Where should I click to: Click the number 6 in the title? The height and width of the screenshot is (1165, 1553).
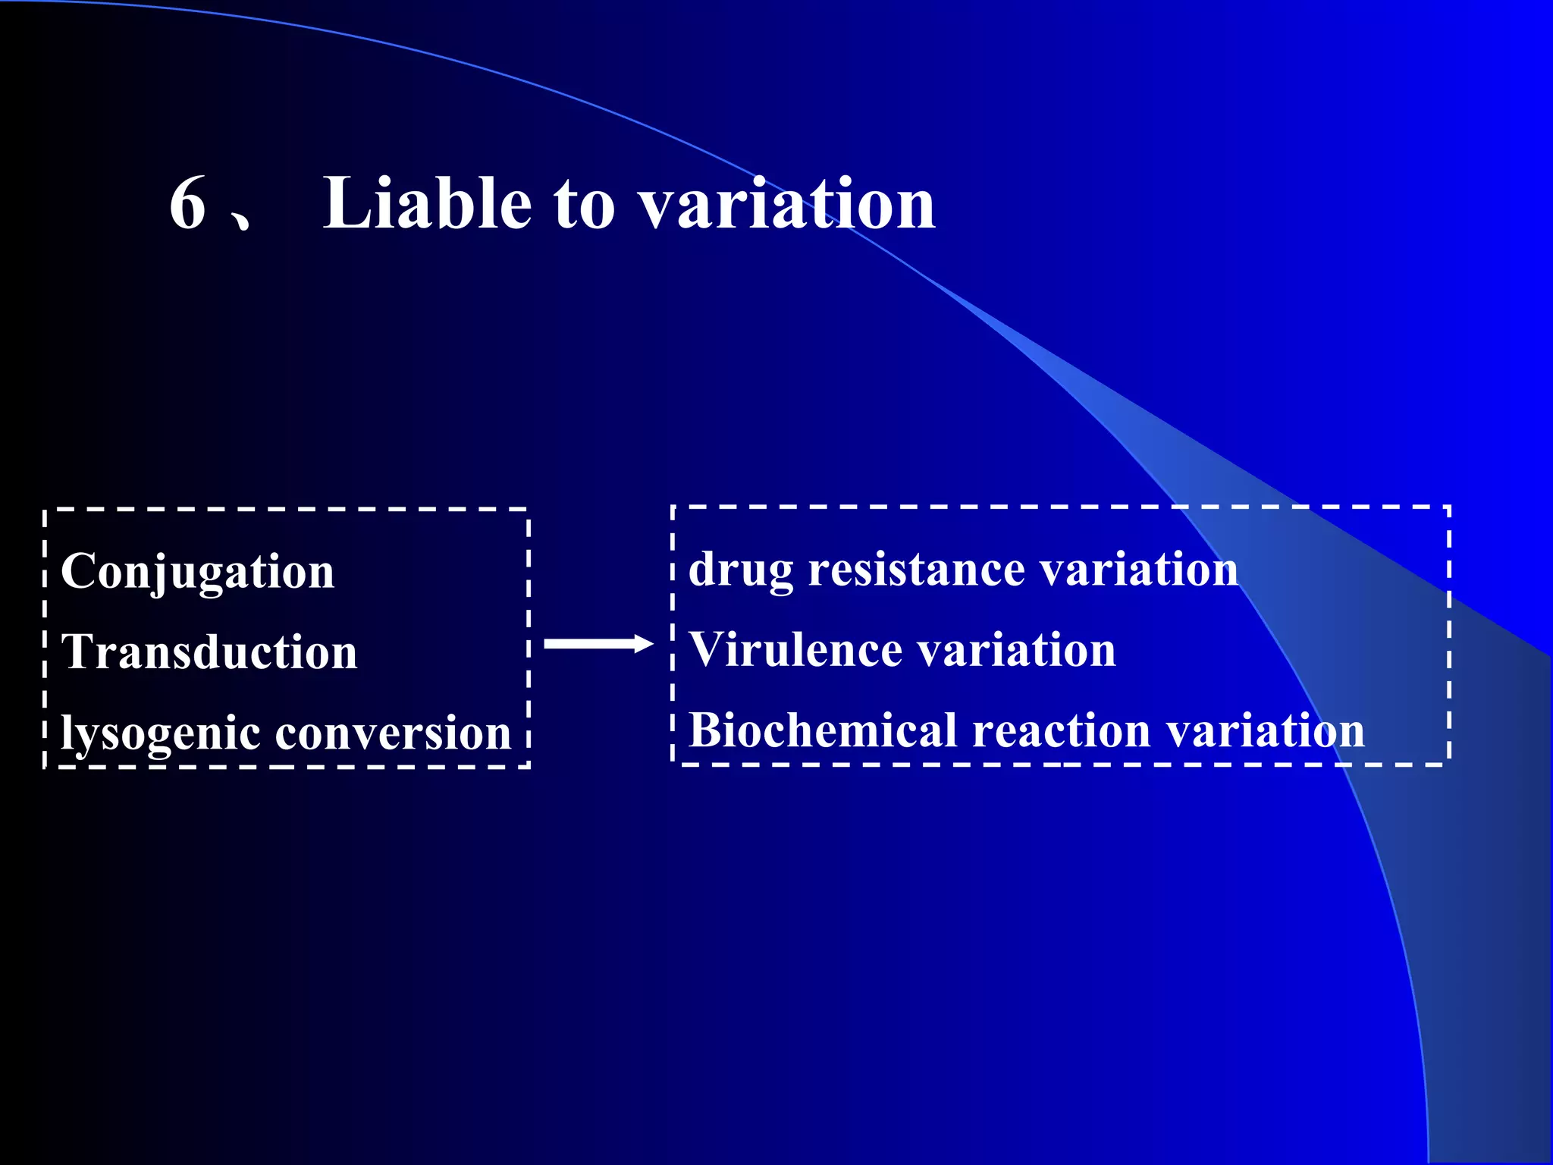188,203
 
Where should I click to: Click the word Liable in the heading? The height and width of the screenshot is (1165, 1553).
427,203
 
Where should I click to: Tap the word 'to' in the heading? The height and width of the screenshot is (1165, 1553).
584,205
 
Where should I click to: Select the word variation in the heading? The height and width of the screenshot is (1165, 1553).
786,203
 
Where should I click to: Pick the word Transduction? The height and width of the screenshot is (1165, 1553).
209,652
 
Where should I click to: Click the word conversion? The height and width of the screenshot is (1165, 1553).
393,734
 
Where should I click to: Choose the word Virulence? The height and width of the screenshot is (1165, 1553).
793,650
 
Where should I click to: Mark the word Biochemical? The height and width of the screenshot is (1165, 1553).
822,730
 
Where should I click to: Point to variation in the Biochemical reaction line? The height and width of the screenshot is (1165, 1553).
1265,732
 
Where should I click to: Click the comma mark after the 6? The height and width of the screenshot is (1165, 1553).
241,221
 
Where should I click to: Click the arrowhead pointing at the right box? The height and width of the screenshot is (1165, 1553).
644,645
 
